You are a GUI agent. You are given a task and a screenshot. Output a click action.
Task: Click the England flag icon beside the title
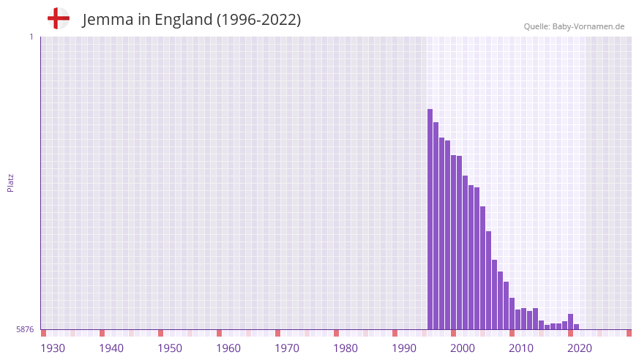click(x=58, y=18)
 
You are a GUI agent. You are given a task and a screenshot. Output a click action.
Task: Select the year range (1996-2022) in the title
click(x=258, y=20)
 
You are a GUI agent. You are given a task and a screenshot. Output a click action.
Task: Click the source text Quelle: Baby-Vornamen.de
click(x=574, y=26)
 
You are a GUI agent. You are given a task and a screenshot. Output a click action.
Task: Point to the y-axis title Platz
click(x=10, y=183)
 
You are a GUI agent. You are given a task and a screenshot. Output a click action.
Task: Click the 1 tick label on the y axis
click(x=31, y=37)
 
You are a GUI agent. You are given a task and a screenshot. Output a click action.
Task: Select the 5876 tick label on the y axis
click(x=25, y=330)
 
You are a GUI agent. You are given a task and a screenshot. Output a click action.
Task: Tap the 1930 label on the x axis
click(x=53, y=348)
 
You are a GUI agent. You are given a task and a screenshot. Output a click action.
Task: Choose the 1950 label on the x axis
click(x=170, y=348)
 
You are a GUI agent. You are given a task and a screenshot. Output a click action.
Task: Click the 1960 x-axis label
click(x=228, y=348)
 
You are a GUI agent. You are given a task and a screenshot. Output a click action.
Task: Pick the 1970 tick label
click(x=287, y=348)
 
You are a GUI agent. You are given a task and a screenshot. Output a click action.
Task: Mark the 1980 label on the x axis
click(x=345, y=348)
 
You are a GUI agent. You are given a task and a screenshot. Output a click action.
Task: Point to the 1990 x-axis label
click(x=404, y=348)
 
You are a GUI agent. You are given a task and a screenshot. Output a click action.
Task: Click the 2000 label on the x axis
click(x=463, y=348)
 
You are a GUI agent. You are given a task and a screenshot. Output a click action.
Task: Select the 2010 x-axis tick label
click(x=521, y=348)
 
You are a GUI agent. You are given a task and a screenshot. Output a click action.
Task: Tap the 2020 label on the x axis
click(x=580, y=348)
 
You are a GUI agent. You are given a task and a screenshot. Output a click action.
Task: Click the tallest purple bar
click(x=430, y=220)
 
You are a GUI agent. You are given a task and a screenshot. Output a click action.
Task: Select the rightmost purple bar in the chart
click(x=577, y=326)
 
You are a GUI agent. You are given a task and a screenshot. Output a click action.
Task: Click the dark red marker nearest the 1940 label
click(x=102, y=333)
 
